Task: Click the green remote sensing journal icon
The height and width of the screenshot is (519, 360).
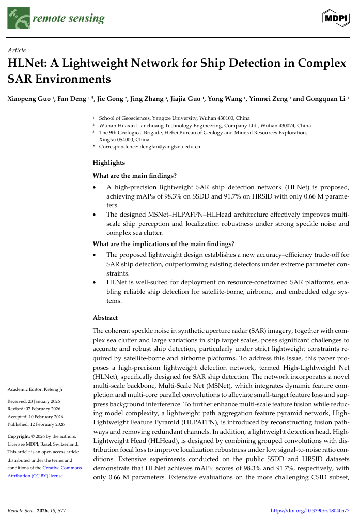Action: tap(19, 19)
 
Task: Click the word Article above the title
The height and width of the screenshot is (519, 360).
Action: tap(18, 50)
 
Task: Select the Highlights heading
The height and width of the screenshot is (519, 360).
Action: tap(108, 163)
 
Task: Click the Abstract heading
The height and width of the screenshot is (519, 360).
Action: tap(105, 318)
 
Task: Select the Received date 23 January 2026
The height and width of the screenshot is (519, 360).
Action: tap(46, 401)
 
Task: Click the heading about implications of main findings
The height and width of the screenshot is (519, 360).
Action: tap(163, 243)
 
